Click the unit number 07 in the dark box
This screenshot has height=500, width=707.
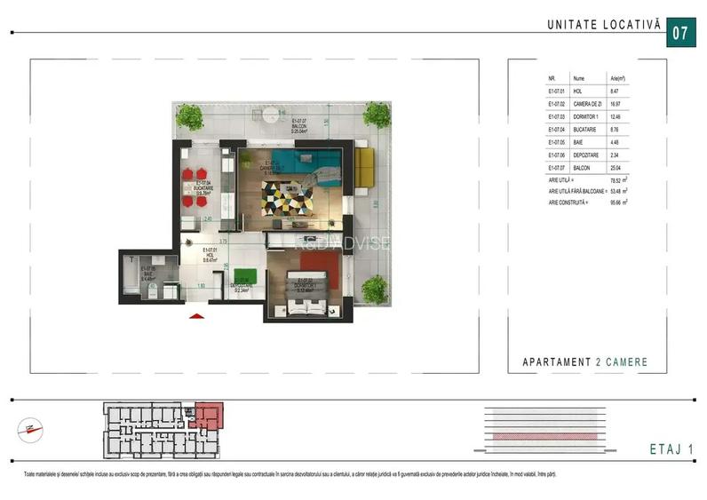[680, 34]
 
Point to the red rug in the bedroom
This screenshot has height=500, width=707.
[323, 264]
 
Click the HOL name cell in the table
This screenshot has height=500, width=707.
[577, 91]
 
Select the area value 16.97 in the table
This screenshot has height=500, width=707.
[614, 103]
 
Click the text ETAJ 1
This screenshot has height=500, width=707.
[667, 449]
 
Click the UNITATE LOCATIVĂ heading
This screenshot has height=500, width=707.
[604, 26]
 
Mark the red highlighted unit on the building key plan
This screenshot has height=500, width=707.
[210, 415]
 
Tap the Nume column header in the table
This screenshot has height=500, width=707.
[579, 78]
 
